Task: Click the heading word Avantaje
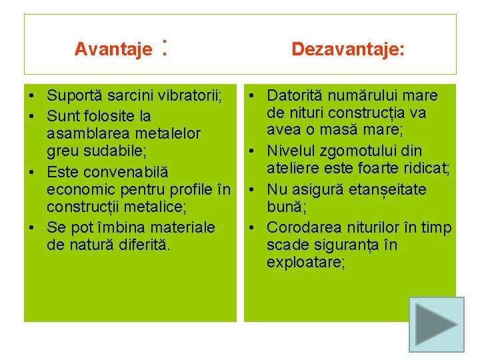coord(113,49)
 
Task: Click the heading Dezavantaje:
coord(347,49)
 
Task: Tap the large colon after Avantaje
coord(163,48)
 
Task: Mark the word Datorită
coord(295,96)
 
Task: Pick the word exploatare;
coord(306,263)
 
